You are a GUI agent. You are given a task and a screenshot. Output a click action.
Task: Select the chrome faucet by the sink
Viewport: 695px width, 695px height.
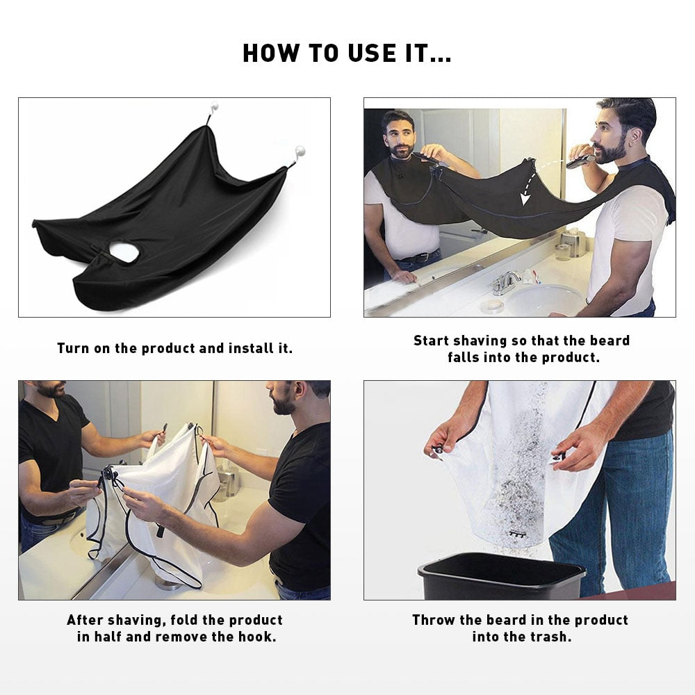tap(505, 281)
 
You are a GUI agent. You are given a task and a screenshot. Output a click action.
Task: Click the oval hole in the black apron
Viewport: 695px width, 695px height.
tap(124, 252)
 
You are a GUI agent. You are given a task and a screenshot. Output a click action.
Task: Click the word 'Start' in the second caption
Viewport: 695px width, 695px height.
tap(431, 341)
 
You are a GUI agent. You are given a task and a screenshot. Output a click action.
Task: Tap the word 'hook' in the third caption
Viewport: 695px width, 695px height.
tap(257, 637)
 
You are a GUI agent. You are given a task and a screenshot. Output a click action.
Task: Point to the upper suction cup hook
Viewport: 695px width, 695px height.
tap(214, 109)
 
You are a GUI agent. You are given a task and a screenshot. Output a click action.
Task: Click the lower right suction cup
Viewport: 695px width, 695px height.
tap(300, 151)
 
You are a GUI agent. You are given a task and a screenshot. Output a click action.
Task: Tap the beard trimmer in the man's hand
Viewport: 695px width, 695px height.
tap(580, 161)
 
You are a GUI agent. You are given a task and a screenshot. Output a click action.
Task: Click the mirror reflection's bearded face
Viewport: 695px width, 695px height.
tap(399, 136)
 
